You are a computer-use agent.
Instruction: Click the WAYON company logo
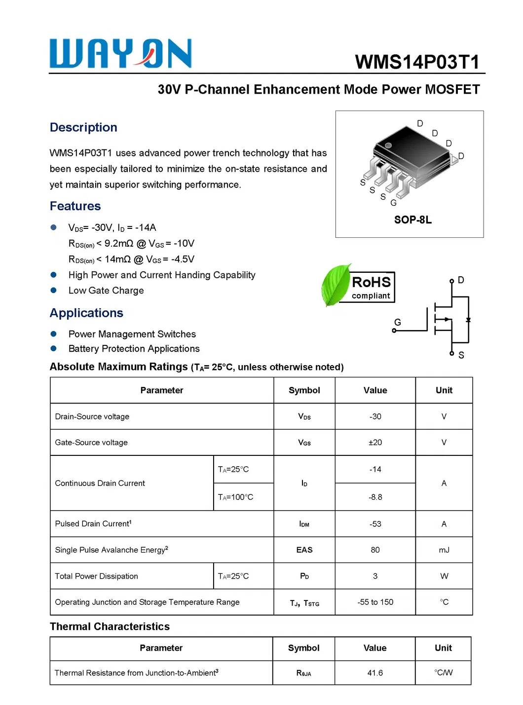(x=120, y=53)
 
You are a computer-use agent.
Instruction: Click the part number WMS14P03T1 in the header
(x=417, y=62)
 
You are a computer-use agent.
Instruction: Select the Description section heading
(x=83, y=127)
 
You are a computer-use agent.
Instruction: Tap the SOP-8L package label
(x=412, y=220)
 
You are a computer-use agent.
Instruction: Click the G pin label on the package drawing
(x=393, y=203)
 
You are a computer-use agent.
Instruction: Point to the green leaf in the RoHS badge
(x=336, y=285)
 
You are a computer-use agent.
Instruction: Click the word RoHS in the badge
(x=371, y=282)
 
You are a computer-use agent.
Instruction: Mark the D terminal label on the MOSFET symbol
(x=461, y=280)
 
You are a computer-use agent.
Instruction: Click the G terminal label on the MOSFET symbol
(x=397, y=322)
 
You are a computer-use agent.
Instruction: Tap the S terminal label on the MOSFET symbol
(x=461, y=355)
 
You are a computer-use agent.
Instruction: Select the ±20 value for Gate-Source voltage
(x=375, y=443)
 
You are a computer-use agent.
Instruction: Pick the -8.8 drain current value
(x=375, y=497)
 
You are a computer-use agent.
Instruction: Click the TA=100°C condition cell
(x=236, y=497)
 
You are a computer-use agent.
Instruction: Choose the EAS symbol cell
(x=304, y=550)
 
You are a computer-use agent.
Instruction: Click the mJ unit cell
(x=444, y=550)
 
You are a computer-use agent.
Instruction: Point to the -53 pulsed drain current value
(x=375, y=524)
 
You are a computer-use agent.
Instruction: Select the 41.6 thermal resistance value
(x=374, y=673)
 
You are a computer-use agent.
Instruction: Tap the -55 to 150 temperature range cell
(x=375, y=602)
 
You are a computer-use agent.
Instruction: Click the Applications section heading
(x=86, y=313)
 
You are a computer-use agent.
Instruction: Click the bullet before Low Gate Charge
(x=54, y=291)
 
